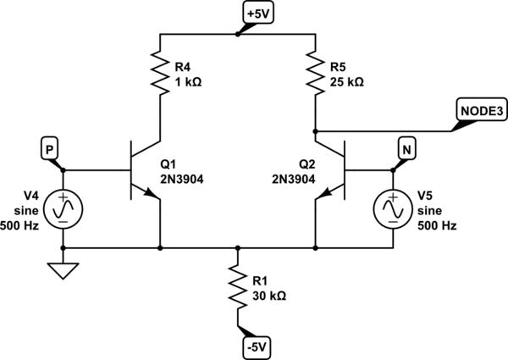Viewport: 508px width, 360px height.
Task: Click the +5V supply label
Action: point(255,14)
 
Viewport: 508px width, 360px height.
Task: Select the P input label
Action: point(50,149)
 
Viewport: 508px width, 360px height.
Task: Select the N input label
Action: point(407,149)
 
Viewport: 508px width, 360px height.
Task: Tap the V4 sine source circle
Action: point(63,206)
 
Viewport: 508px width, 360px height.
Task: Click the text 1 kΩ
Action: point(189,82)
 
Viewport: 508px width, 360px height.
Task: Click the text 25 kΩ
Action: point(347,82)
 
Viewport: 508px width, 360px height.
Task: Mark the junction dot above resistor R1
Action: point(238,249)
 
